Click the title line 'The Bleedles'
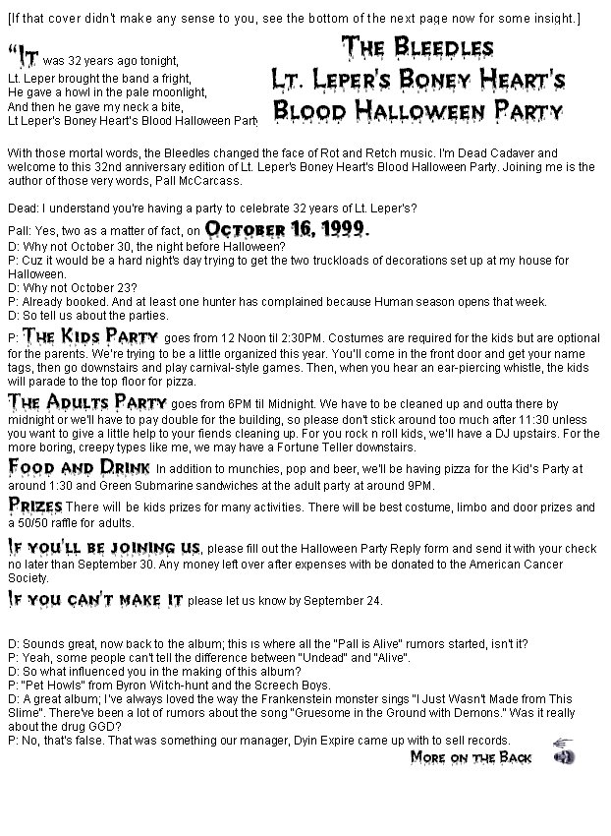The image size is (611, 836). [417, 47]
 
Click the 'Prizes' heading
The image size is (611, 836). [35, 505]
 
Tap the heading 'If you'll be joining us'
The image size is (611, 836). [103, 547]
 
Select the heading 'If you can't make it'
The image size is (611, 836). [95, 598]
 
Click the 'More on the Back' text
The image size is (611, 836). [472, 756]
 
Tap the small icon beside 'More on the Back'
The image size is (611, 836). [565, 752]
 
